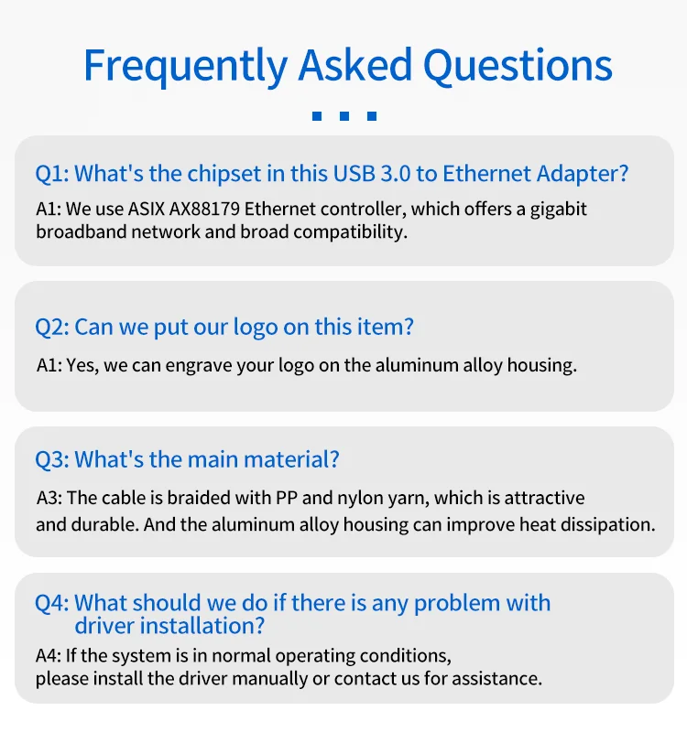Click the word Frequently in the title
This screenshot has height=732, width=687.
[x=186, y=66]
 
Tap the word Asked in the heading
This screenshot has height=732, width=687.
[x=355, y=64]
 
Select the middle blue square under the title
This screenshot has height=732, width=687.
[x=344, y=116]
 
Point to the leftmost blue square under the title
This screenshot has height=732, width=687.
[x=317, y=116]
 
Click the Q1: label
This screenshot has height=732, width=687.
[x=52, y=174]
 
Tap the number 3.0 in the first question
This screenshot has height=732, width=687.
[x=396, y=174]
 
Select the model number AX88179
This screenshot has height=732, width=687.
[x=204, y=210]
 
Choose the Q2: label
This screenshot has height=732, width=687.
[x=52, y=327]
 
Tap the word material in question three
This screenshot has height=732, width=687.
[x=291, y=459]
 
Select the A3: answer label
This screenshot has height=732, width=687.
[x=49, y=498]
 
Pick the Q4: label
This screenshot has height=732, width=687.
[x=52, y=603]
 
